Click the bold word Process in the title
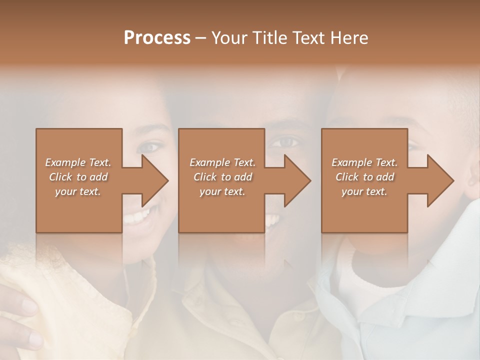click(157, 38)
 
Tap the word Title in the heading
click(269, 38)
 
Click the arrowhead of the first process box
click(155, 180)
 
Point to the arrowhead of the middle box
click(298, 180)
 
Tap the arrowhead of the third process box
click(441, 180)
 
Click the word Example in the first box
click(65, 162)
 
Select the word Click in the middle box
click(204, 177)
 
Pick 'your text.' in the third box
click(364, 191)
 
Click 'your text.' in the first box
click(77, 191)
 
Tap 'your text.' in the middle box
click(222, 191)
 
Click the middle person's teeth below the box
click(272, 219)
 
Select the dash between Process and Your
click(201, 38)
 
